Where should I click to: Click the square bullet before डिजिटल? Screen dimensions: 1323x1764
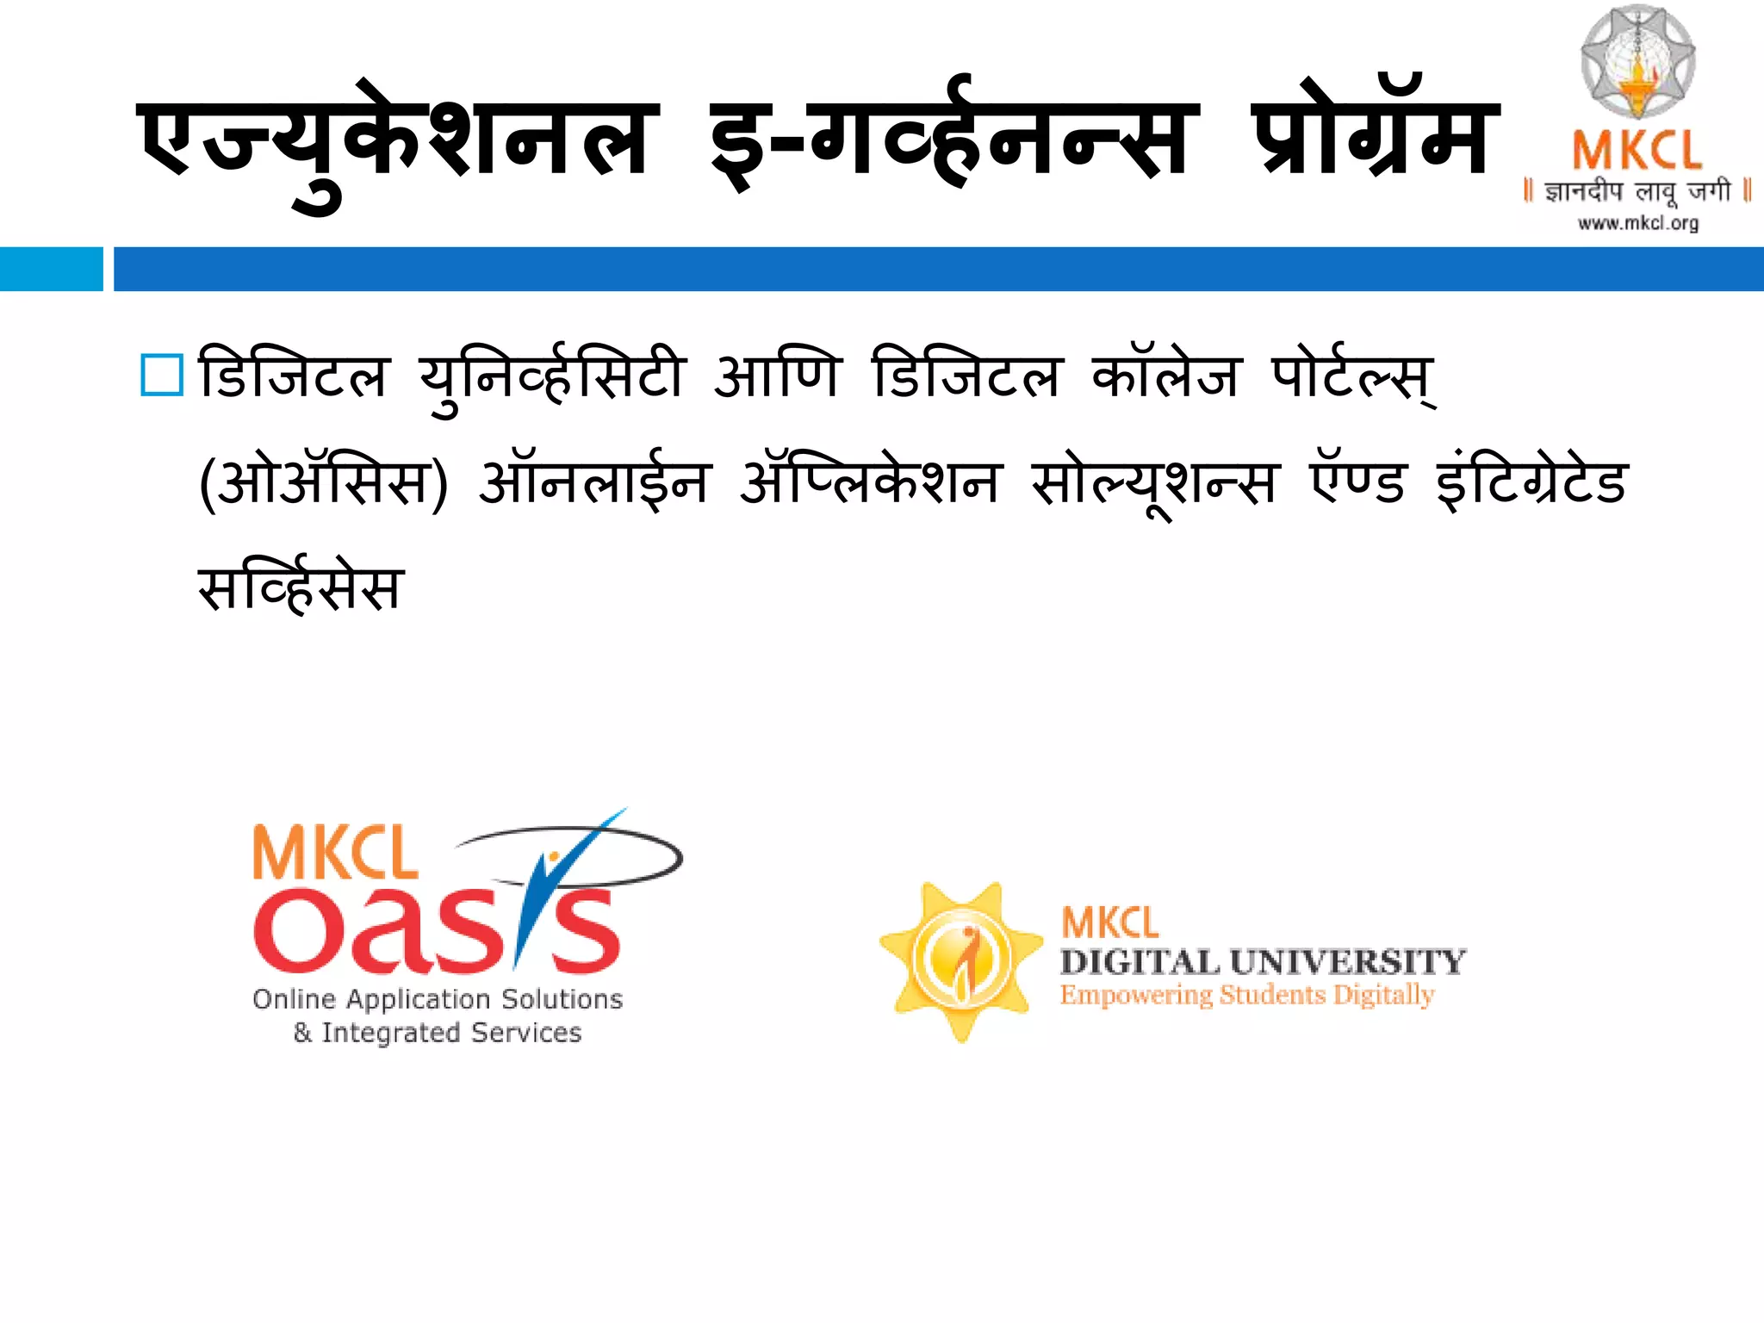162,376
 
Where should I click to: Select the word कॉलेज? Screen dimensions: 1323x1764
1166,376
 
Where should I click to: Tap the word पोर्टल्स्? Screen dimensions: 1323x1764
1352,377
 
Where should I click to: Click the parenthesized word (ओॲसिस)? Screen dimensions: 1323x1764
323,482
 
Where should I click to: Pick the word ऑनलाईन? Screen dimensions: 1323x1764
594,482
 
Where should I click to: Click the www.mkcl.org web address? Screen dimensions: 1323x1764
1637,224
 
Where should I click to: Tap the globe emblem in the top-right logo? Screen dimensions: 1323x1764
1637,62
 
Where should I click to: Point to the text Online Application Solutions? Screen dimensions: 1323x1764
438,999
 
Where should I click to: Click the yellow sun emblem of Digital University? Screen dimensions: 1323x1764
961,960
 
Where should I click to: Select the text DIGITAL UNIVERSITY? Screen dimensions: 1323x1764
1263,961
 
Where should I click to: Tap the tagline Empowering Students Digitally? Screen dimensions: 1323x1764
1247,996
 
